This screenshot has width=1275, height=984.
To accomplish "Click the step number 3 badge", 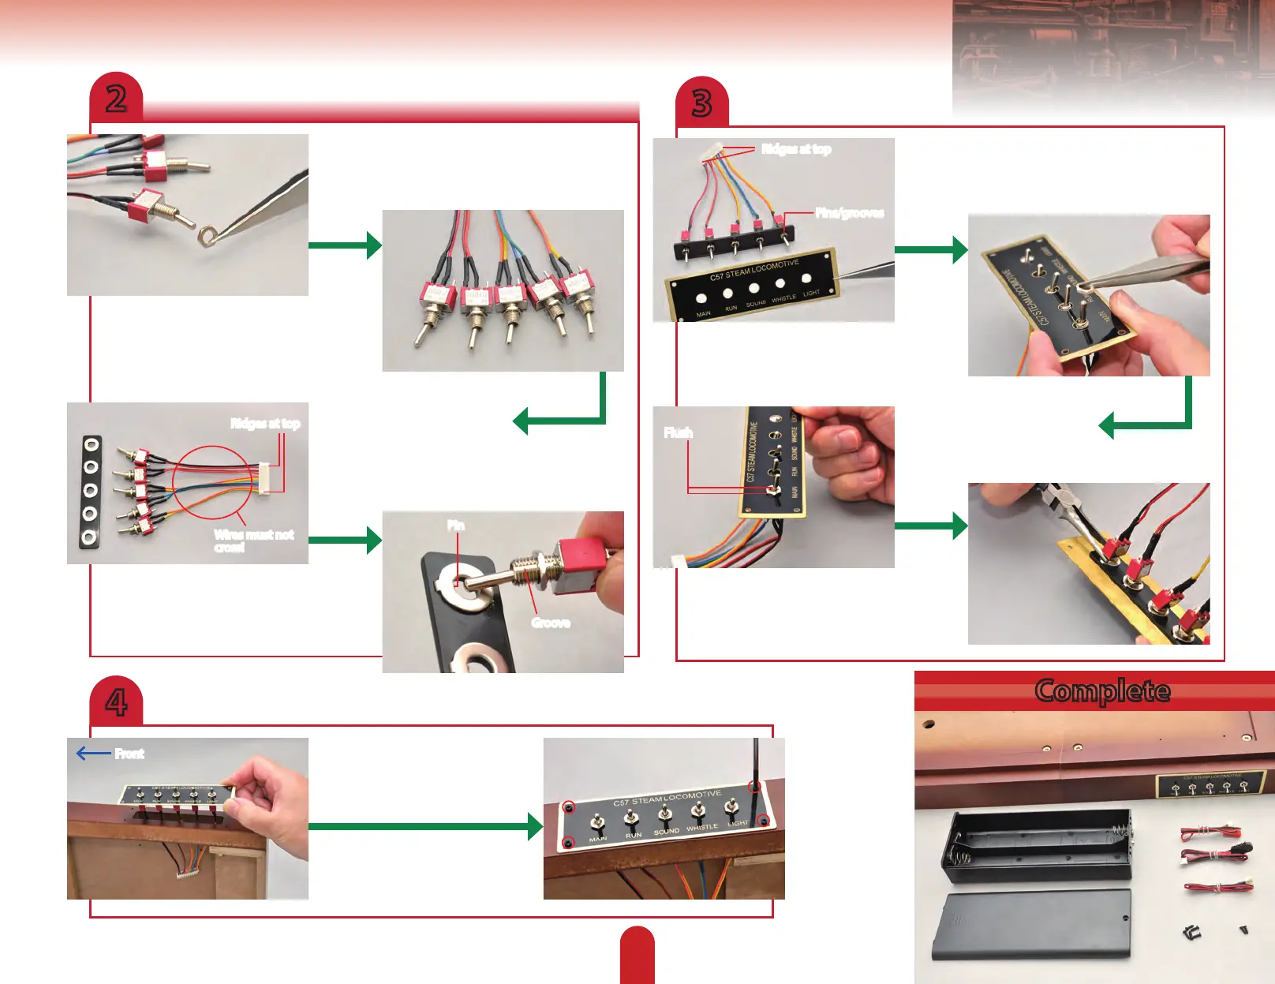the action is pos(701,103).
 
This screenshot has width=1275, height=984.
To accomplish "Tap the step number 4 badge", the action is pos(116,702).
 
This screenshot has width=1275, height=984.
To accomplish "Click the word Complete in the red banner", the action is pos(1102,690).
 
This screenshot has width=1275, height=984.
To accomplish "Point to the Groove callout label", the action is pos(550,623).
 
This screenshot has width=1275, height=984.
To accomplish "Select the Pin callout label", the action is pos(456,526).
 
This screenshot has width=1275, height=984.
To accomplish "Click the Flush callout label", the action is pos(678,432).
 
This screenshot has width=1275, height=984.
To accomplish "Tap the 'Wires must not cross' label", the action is pos(252,541).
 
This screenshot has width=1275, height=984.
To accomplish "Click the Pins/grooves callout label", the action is pos(849,212).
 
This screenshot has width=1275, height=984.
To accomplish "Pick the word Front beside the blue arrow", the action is pos(129,754).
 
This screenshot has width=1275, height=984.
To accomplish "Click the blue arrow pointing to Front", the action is pos(93,754).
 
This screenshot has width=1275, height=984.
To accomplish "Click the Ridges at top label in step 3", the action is pos(795,149).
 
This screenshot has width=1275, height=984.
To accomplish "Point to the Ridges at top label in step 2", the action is pos(265,424).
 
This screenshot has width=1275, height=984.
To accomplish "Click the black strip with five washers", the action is pos(91,491).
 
